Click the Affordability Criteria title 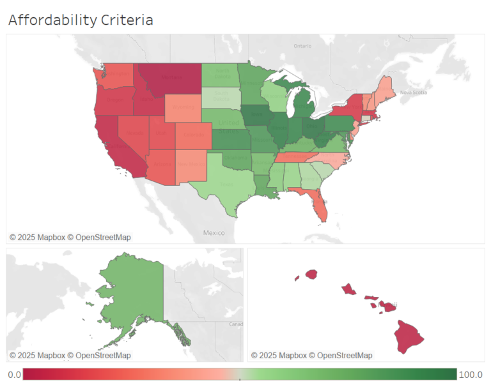(x=81, y=20)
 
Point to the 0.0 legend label (x=14, y=375)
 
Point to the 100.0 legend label (x=471, y=375)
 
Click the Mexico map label (x=214, y=233)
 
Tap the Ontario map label (x=302, y=46)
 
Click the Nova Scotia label (x=413, y=93)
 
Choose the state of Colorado (x=192, y=135)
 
